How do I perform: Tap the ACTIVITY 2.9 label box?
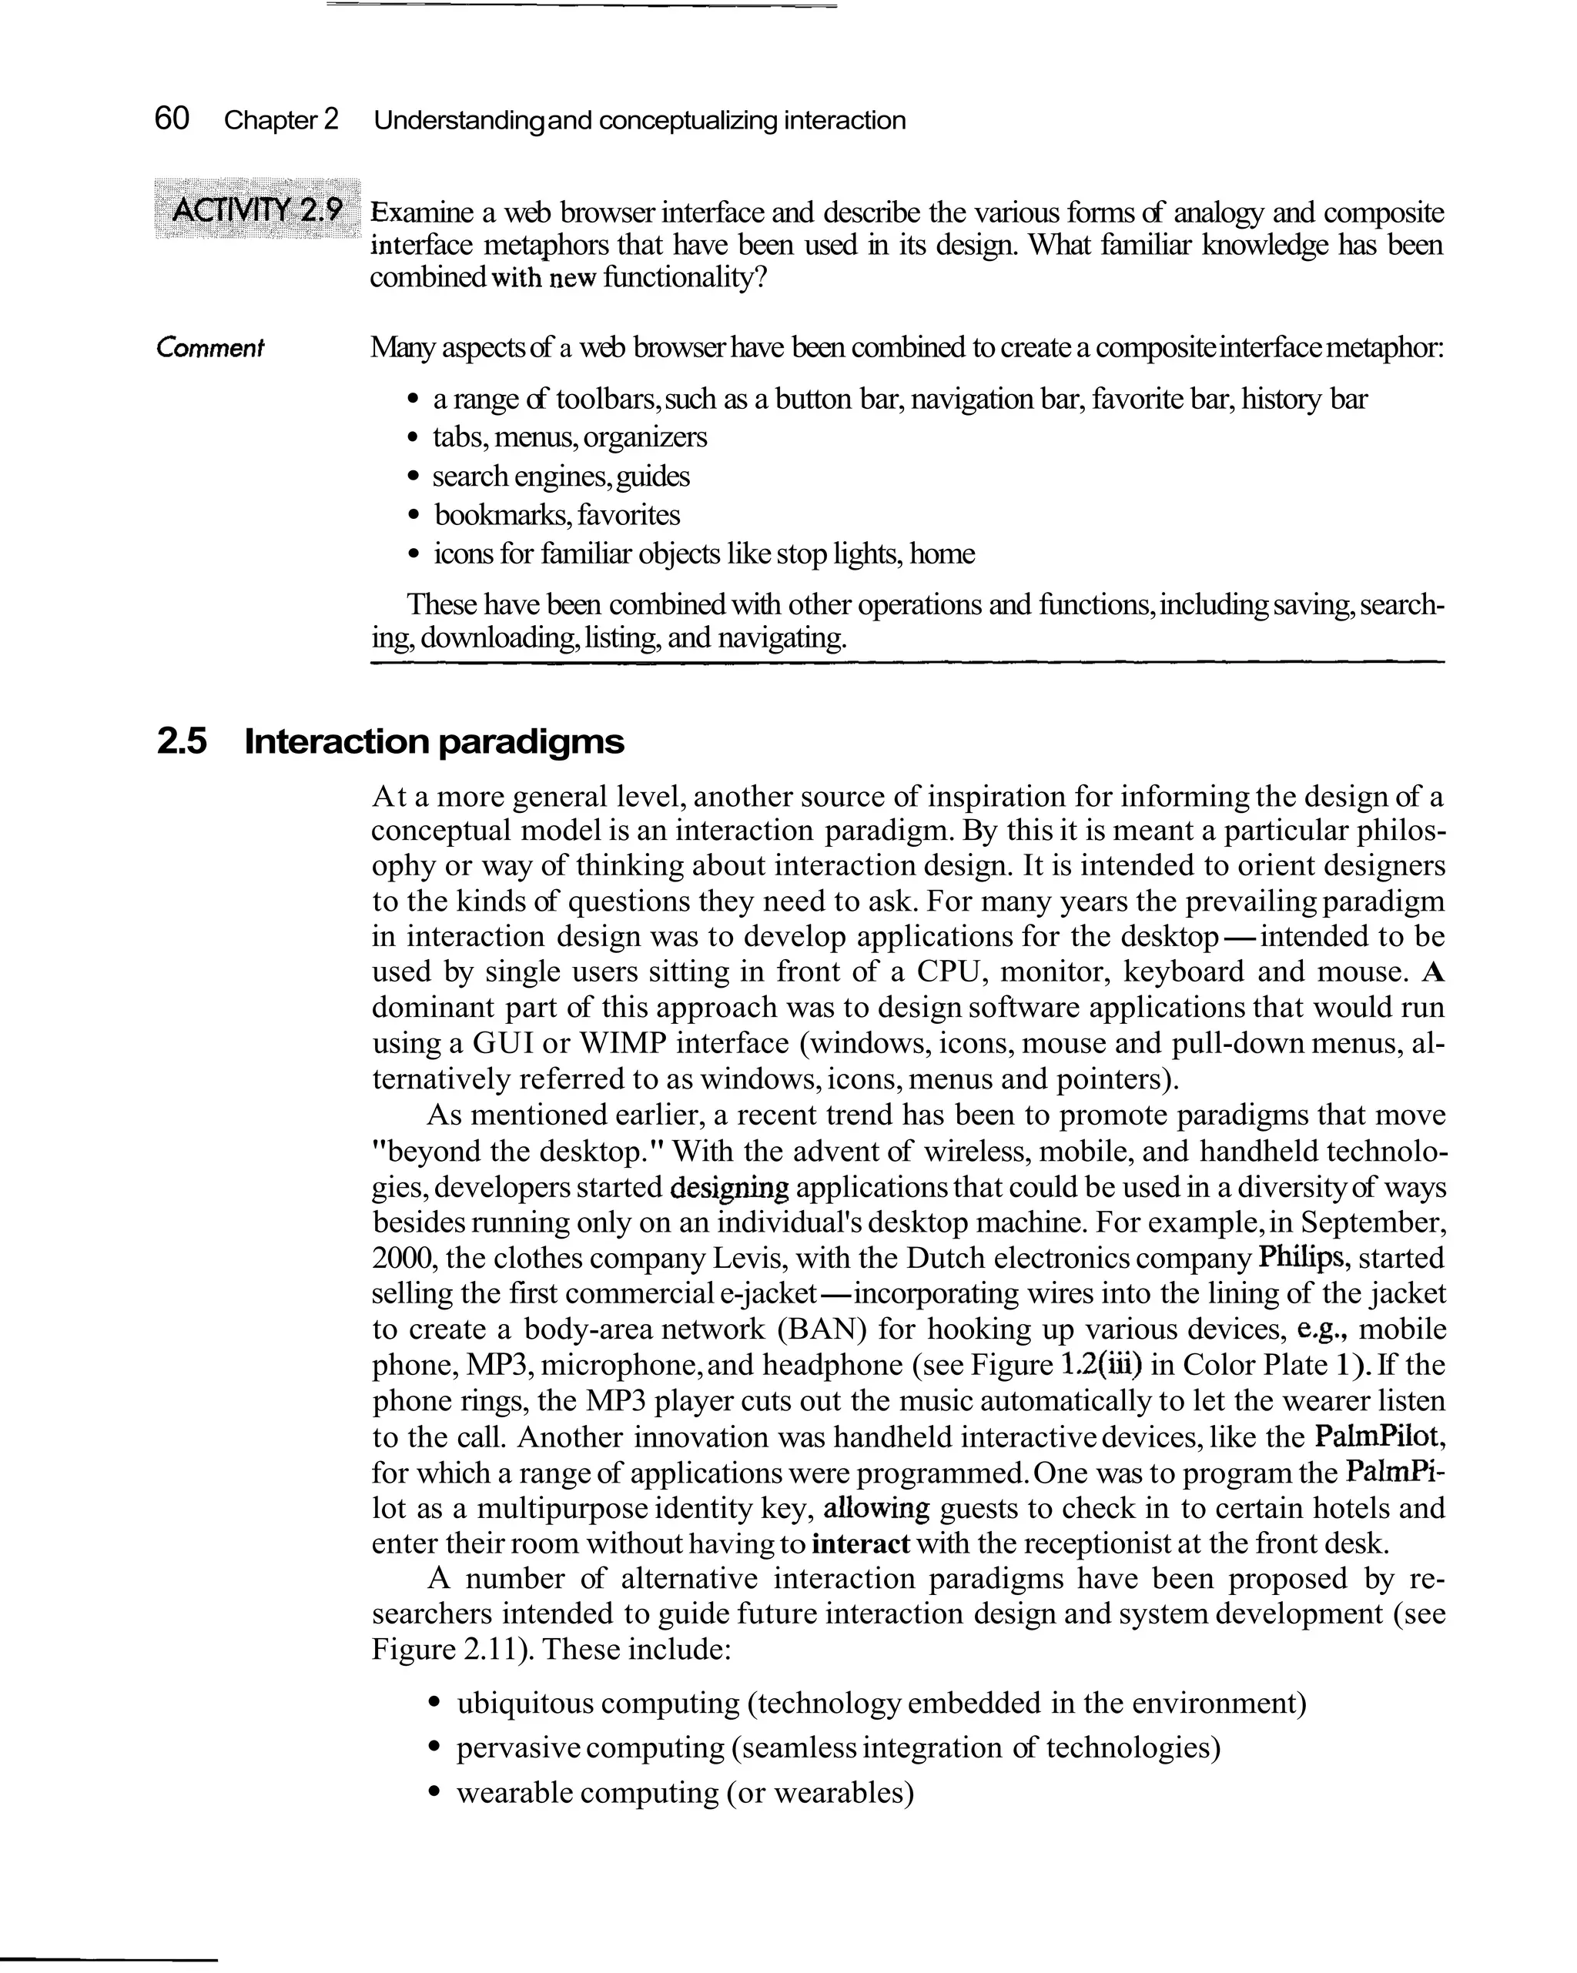(x=257, y=209)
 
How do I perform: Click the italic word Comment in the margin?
(x=209, y=348)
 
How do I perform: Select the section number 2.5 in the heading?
(x=182, y=741)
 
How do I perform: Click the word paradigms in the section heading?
(x=531, y=741)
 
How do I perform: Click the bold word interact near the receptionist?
(x=859, y=1543)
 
